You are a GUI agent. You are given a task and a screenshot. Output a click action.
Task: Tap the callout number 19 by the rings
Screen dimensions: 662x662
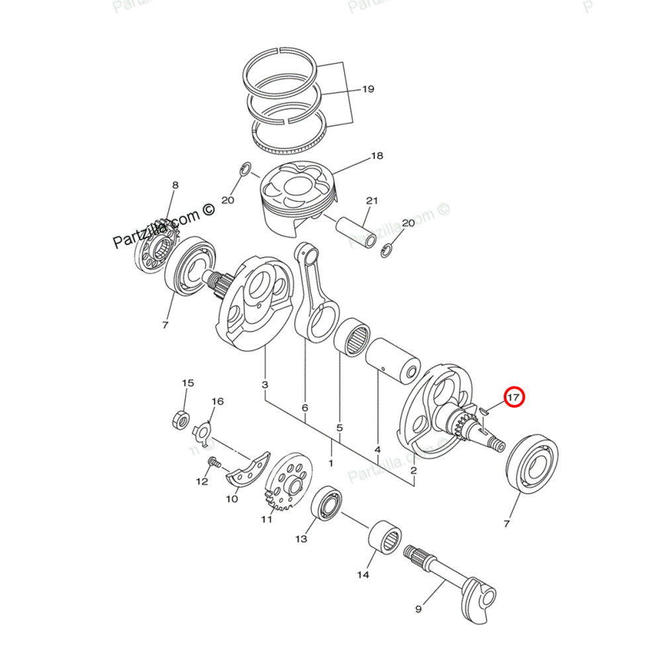pyautogui.click(x=368, y=89)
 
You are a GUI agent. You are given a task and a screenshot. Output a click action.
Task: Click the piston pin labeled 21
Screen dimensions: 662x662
pyautogui.click(x=355, y=228)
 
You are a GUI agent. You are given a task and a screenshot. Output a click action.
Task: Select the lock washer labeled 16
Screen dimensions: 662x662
pyautogui.click(x=202, y=432)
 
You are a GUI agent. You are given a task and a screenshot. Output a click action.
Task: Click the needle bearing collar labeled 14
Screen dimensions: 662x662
pyautogui.click(x=385, y=534)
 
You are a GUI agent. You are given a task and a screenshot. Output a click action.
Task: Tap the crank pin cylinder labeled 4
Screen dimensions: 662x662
pyautogui.click(x=395, y=360)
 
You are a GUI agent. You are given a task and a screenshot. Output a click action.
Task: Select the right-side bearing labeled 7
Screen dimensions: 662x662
pyautogui.click(x=532, y=464)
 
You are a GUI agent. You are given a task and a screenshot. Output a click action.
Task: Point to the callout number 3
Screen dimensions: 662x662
pyautogui.click(x=265, y=385)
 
